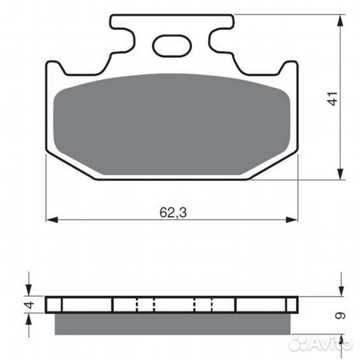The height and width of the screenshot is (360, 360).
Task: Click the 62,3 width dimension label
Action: pyautogui.click(x=173, y=213)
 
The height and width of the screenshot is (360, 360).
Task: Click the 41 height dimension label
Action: pyautogui.click(x=333, y=99)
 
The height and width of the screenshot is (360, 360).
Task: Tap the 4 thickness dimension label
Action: pyautogui.click(x=29, y=305)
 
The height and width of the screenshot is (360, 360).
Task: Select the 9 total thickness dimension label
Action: pyautogui.click(x=341, y=316)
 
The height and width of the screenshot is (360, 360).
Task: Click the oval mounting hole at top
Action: pyautogui.click(x=172, y=46)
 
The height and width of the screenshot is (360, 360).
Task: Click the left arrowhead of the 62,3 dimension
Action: pyautogui.click(x=52, y=220)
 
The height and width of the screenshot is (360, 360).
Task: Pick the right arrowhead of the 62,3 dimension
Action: pyautogui.click(x=291, y=220)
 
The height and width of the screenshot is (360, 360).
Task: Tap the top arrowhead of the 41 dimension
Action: pyautogui.click(x=341, y=21)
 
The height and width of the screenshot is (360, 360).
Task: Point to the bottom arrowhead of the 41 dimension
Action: pyautogui.click(x=341, y=174)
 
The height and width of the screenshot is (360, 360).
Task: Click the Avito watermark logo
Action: pyautogui.click(x=320, y=343)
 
